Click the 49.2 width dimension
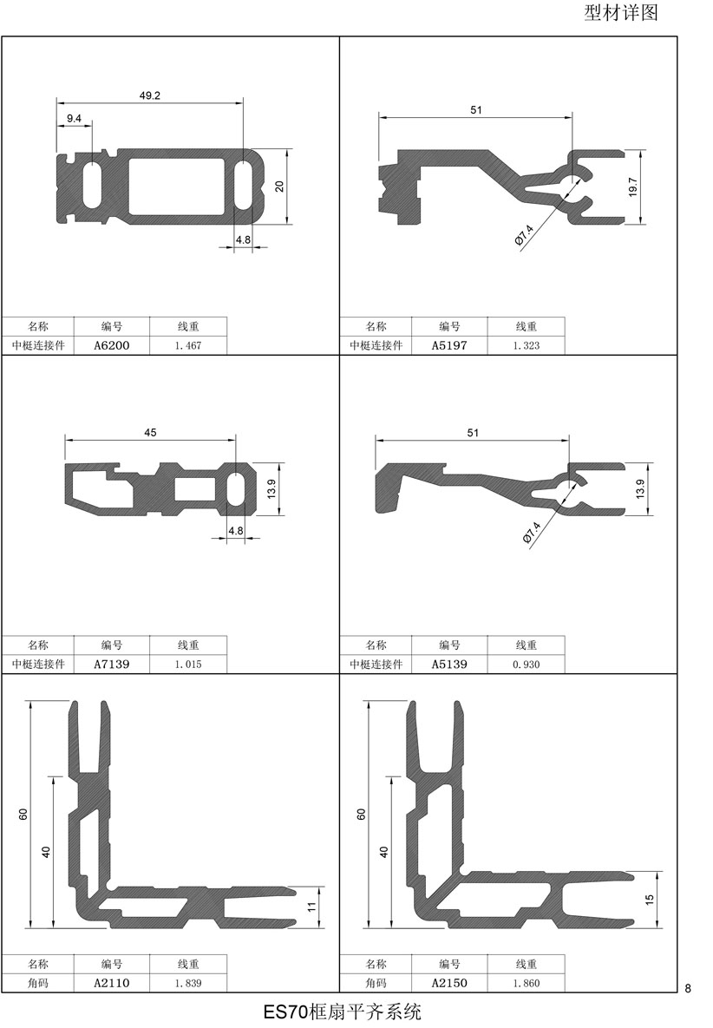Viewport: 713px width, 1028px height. pyautogui.click(x=149, y=95)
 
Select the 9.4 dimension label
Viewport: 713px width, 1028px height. pyautogui.click(x=74, y=119)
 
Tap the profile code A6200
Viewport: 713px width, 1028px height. pyautogui.click(x=111, y=345)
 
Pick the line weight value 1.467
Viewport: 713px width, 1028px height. pyautogui.click(x=188, y=345)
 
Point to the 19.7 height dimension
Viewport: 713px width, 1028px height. pyautogui.click(x=633, y=187)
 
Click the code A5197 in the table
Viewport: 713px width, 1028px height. pyautogui.click(x=449, y=345)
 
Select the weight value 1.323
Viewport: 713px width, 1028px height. pyautogui.click(x=527, y=345)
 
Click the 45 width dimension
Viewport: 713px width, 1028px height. pyautogui.click(x=150, y=433)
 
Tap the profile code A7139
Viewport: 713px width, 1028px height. pyautogui.click(x=111, y=665)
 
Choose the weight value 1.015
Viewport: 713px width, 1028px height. pyautogui.click(x=188, y=665)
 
